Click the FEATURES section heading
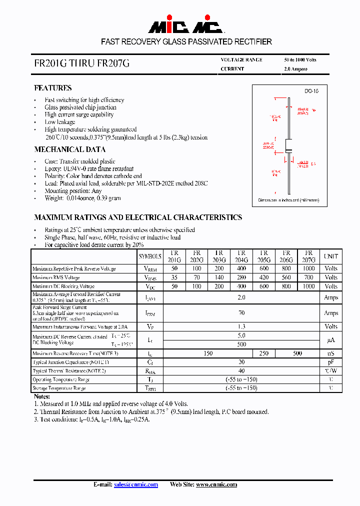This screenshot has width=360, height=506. tap(52, 88)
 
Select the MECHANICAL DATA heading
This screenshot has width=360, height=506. tap(69, 149)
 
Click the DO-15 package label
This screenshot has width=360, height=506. tap(311, 91)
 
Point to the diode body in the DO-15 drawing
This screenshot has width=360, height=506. tap(288, 145)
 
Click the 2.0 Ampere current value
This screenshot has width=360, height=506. tap(296, 69)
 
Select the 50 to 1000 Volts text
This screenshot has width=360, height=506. tap(300, 60)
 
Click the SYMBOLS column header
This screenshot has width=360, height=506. tap(150, 256)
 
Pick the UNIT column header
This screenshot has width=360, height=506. tap(331, 256)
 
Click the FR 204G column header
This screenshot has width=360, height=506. tap(241, 256)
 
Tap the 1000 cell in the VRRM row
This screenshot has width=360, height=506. tap(309, 268)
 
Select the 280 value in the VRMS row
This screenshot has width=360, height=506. tap(241, 277)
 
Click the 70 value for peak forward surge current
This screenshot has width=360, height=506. tap(241, 313)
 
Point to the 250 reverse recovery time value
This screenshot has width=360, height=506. tap(264, 353)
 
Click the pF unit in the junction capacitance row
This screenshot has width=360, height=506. tap(331, 362)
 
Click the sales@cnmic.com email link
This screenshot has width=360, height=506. tap(136, 484)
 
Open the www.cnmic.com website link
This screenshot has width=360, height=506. tap(216, 484)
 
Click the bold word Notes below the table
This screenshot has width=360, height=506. tap(41, 396)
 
